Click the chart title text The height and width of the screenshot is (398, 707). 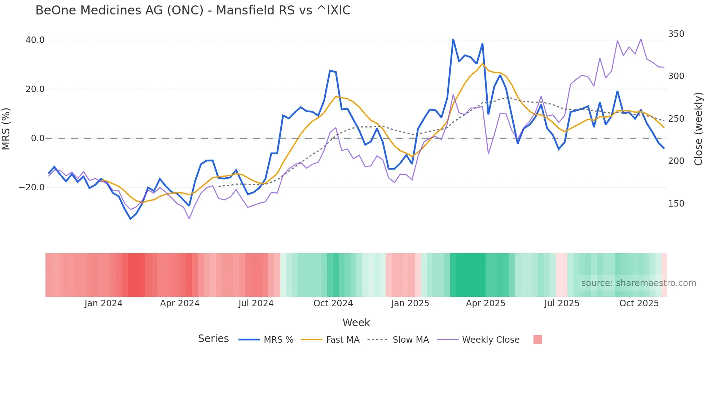click(x=193, y=10)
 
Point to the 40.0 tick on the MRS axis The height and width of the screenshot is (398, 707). click(x=35, y=40)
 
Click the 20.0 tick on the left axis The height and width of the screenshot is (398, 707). click(x=35, y=89)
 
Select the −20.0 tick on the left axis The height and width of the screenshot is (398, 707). click(x=32, y=187)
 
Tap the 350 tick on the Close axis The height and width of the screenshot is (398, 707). click(x=676, y=34)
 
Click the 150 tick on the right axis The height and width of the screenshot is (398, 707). click(x=676, y=204)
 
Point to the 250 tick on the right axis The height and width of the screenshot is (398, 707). click(x=676, y=119)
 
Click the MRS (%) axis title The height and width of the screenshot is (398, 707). click(x=6, y=129)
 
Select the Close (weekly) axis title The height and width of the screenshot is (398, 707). click(x=699, y=129)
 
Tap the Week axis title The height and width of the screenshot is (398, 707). click(x=356, y=323)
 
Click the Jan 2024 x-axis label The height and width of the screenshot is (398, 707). click(x=104, y=303)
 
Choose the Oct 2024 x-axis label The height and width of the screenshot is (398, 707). click(x=333, y=303)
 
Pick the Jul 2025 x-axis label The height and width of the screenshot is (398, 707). click(x=562, y=303)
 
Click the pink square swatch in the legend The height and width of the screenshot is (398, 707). click(x=537, y=339)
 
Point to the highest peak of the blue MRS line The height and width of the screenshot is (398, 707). click(x=453, y=39)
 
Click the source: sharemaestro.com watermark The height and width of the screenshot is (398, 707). click(x=638, y=283)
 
